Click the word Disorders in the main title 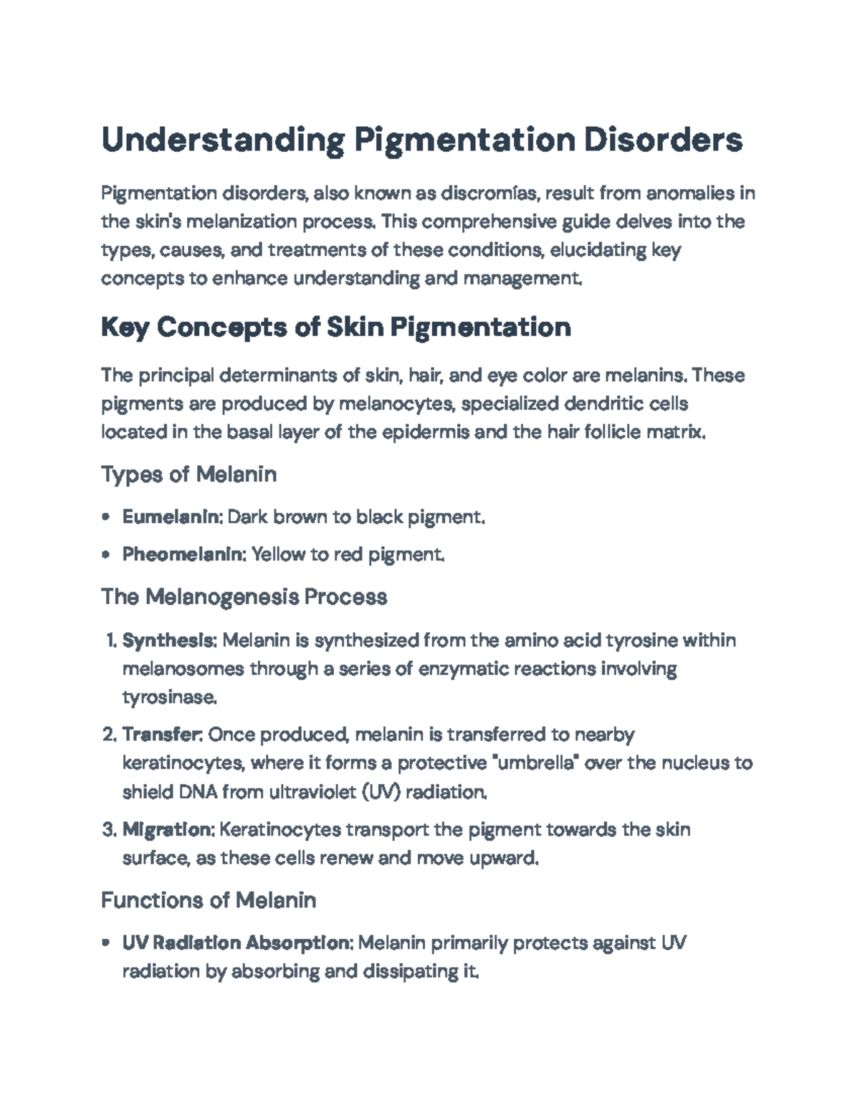(x=663, y=140)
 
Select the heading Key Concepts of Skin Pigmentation (x=335, y=328)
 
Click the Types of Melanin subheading (x=188, y=474)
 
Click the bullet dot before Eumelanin (x=106, y=517)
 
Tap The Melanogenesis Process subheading (x=244, y=597)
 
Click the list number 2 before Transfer (x=108, y=735)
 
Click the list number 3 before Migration (x=108, y=830)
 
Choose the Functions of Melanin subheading (x=208, y=900)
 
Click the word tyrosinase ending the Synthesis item (x=168, y=697)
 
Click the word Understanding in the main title (x=222, y=140)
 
